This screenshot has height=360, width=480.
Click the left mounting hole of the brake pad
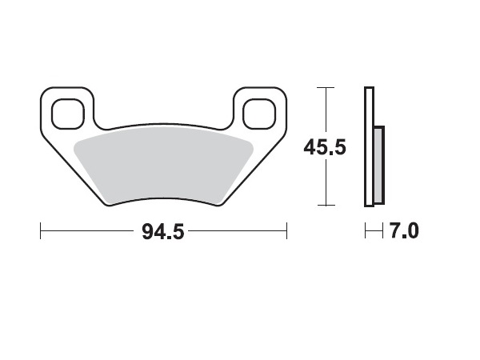pos(68,113)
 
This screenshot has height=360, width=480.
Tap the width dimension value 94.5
pos(162,232)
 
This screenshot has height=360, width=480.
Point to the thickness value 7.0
pos(405,232)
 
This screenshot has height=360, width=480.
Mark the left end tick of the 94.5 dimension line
pos(41,232)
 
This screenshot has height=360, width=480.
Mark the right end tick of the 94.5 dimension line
pos(286,232)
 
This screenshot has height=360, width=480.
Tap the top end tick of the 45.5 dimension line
pos(324,86)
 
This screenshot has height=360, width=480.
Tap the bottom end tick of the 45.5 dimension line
pos(324,206)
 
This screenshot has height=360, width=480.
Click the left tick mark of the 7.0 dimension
pos(365,232)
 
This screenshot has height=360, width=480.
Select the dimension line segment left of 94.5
pos(88,232)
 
